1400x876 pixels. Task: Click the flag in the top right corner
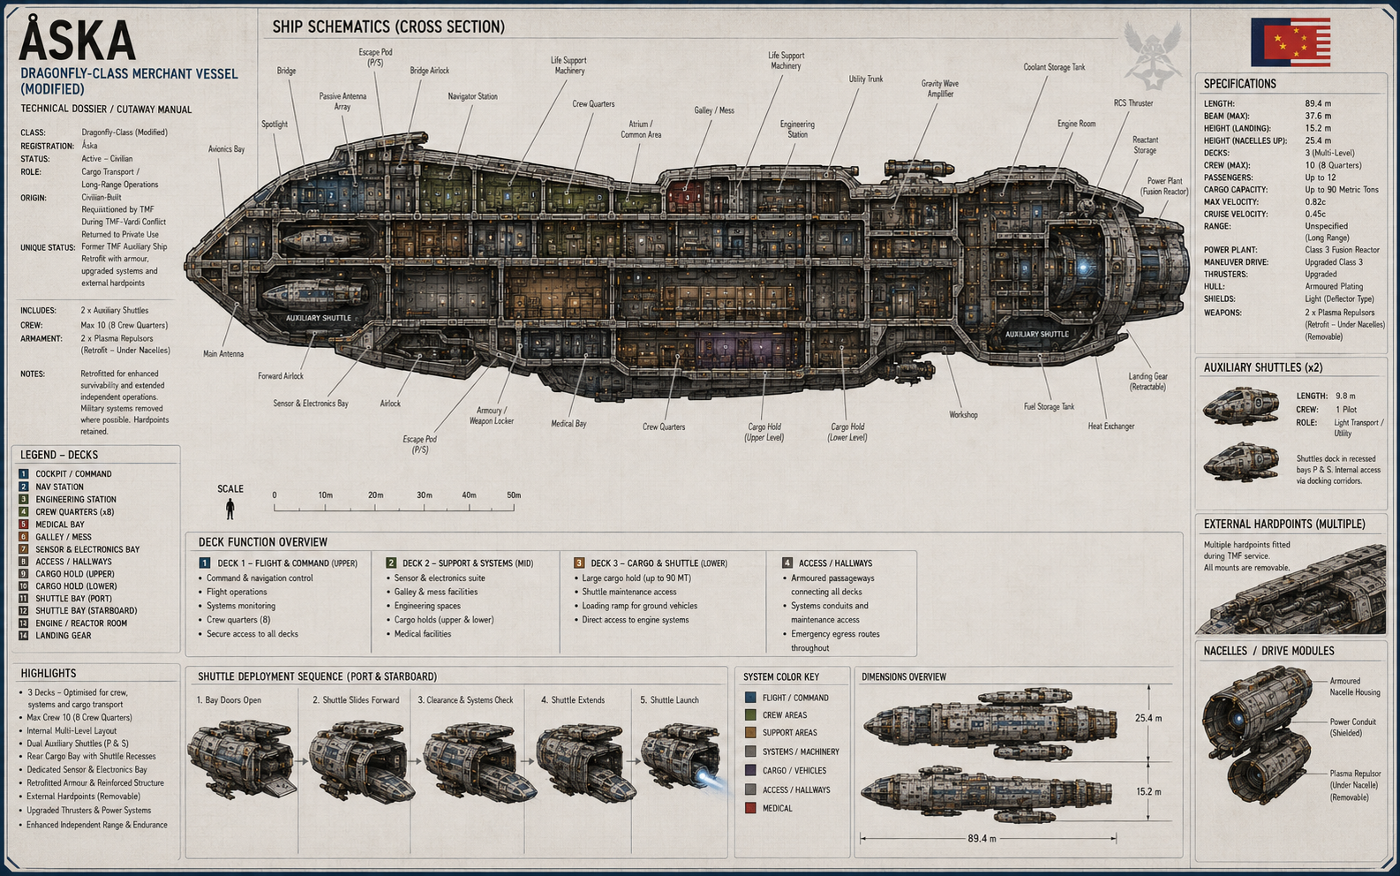(1291, 42)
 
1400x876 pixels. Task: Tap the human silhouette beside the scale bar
(230, 509)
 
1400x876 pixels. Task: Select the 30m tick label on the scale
(425, 495)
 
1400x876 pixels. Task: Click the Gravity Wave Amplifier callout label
(940, 89)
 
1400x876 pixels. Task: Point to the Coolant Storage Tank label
(1054, 67)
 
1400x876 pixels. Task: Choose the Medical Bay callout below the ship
(568, 424)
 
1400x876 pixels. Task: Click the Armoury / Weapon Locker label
(492, 416)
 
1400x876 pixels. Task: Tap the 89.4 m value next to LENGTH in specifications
(1318, 104)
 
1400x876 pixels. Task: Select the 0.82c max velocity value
(1315, 202)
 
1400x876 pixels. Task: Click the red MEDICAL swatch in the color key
(750, 808)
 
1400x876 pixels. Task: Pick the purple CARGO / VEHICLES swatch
(750, 770)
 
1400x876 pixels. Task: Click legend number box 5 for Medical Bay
(24, 525)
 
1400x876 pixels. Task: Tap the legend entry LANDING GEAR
(64, 635)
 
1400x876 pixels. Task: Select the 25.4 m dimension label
(1148, 719)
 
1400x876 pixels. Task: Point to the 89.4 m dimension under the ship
(982, 839)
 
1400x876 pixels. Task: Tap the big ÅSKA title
(77, 40)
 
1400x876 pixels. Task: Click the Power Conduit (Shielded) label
(1352, 727)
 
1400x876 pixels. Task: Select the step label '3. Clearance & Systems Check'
(465, 700)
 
